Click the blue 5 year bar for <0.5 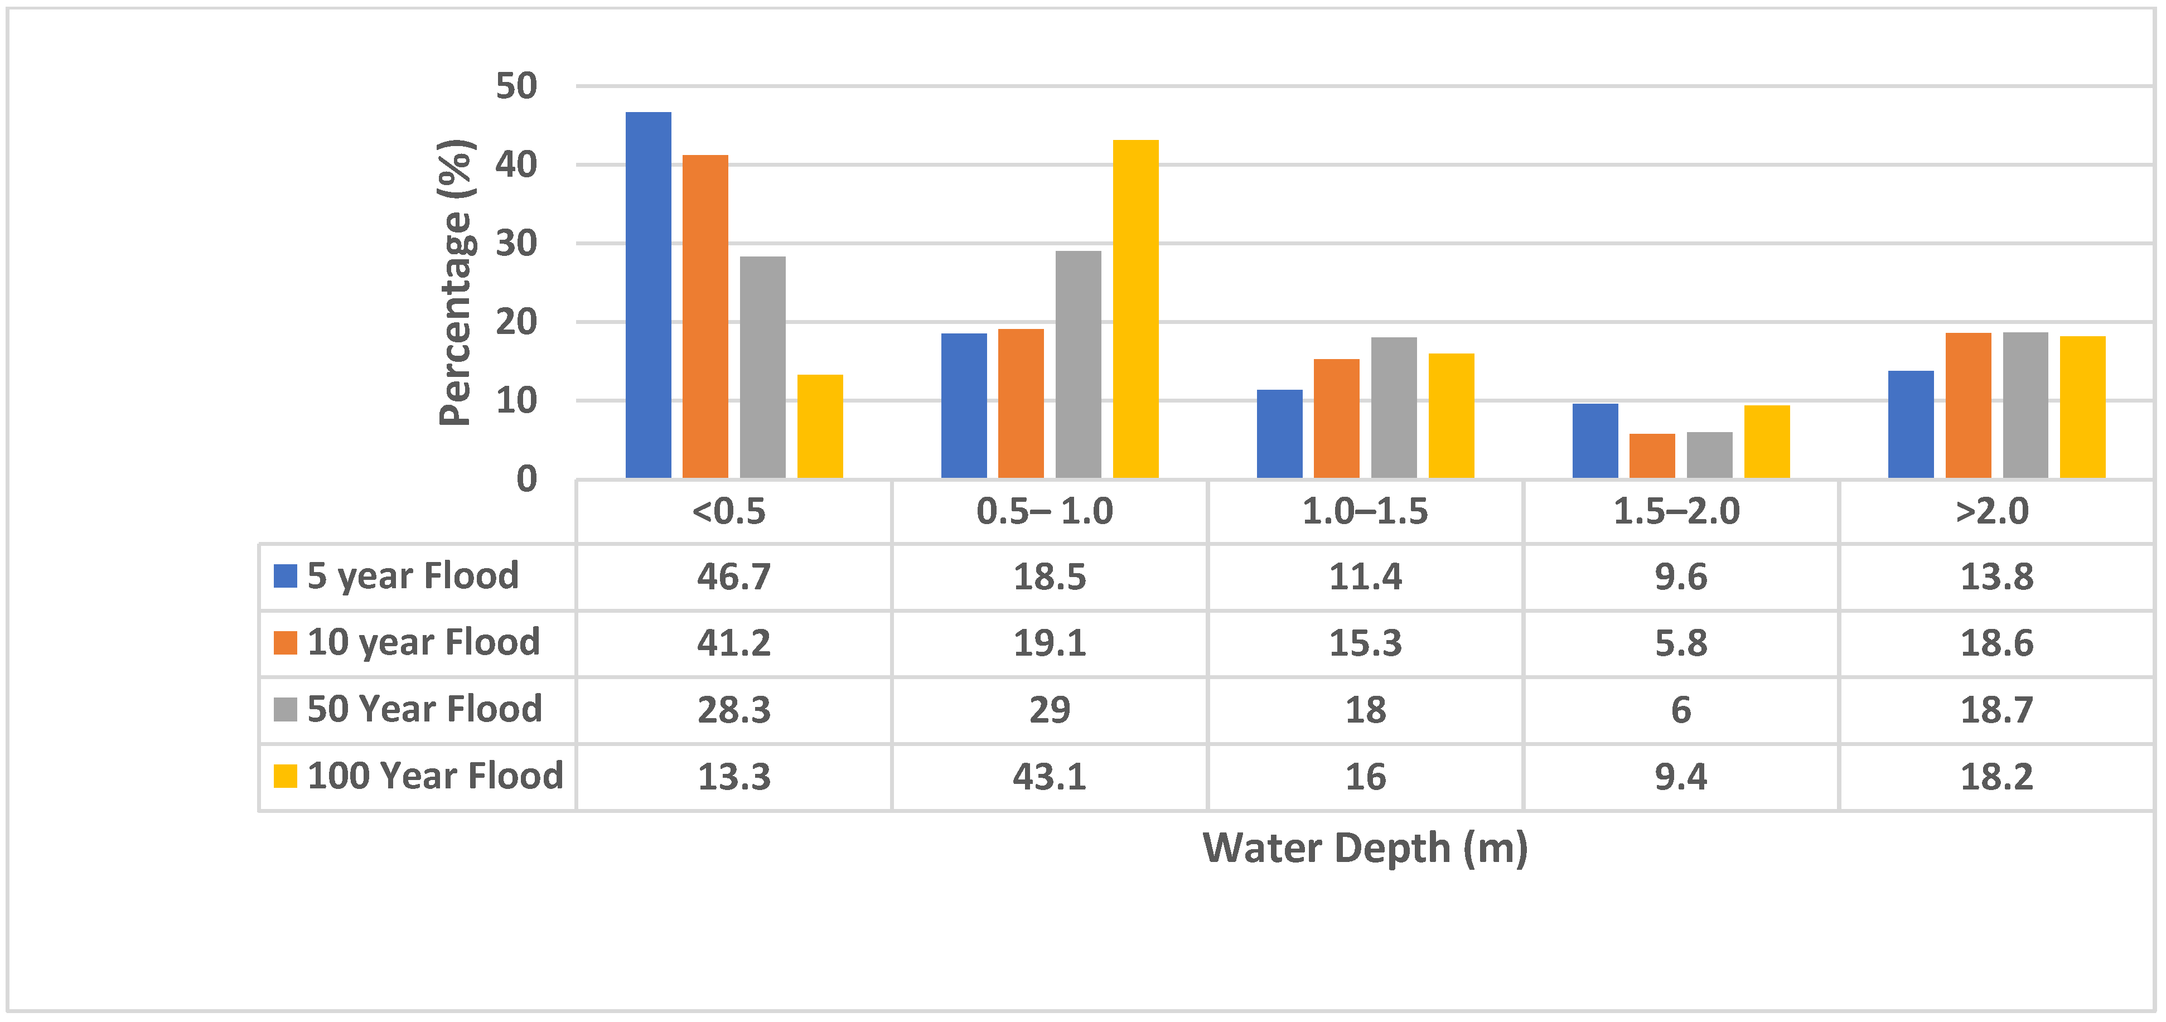click(x=648, y=295)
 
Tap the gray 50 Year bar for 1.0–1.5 click(x=1393, y=408)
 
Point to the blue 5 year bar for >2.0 click(x=1911, y=424)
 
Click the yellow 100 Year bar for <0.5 click(x=820, y=427)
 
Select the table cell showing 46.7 click(x=733, y=577)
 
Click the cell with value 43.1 click(x=1050, y=777)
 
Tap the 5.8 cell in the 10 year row click(x=1681, y=643)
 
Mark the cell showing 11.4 click(x=1365, y=577)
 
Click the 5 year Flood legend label click(x=412, y=576)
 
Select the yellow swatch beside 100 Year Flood click(x=285, y=776)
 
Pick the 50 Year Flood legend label click(x=424, y=709)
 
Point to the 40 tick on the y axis click(x=515, y=164)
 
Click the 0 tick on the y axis click(x=526, y=479)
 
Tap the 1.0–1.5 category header click(x=1365, y=511)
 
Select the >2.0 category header click(x=1992, y=511)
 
